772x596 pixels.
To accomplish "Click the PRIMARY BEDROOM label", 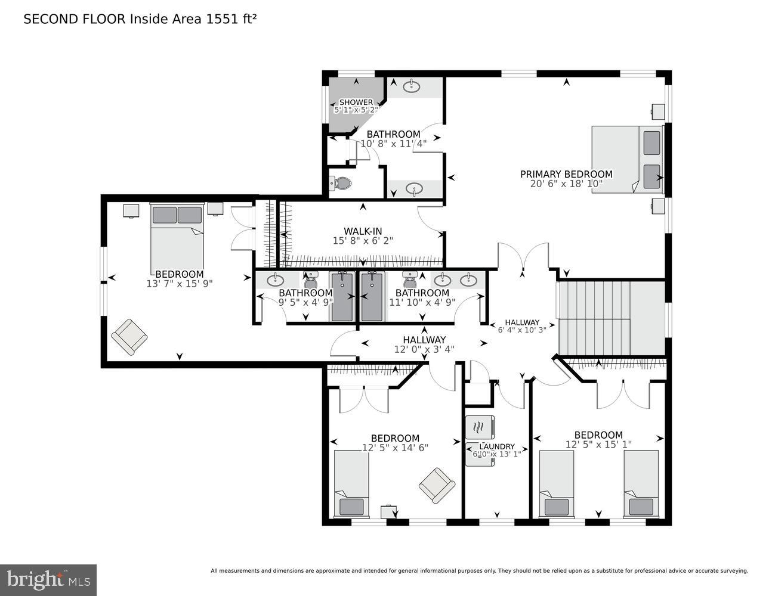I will click(566, 174).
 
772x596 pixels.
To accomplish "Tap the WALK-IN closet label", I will click(363, 231).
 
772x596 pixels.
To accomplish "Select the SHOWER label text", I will click(356, 103).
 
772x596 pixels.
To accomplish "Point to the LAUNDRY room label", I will click(498, 446).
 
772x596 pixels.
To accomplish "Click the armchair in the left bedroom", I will click(129, 337).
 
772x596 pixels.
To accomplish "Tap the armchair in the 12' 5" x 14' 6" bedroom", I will click(437, 485).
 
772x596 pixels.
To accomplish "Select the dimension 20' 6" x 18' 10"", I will click(566, 184).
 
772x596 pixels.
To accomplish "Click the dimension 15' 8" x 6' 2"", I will click(363, 241).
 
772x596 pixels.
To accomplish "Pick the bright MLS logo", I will click(48, 580).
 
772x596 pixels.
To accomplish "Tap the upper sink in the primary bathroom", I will click(412, 87).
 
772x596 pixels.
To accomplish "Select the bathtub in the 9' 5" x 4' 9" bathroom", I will click(342, 296).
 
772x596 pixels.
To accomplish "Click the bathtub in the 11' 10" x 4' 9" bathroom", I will click(372, 296).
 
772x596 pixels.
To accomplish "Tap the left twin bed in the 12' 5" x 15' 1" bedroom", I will click(556, 483).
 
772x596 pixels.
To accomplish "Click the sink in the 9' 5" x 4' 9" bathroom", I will click(275, 280).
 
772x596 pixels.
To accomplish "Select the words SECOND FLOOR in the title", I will click(75, 19).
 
